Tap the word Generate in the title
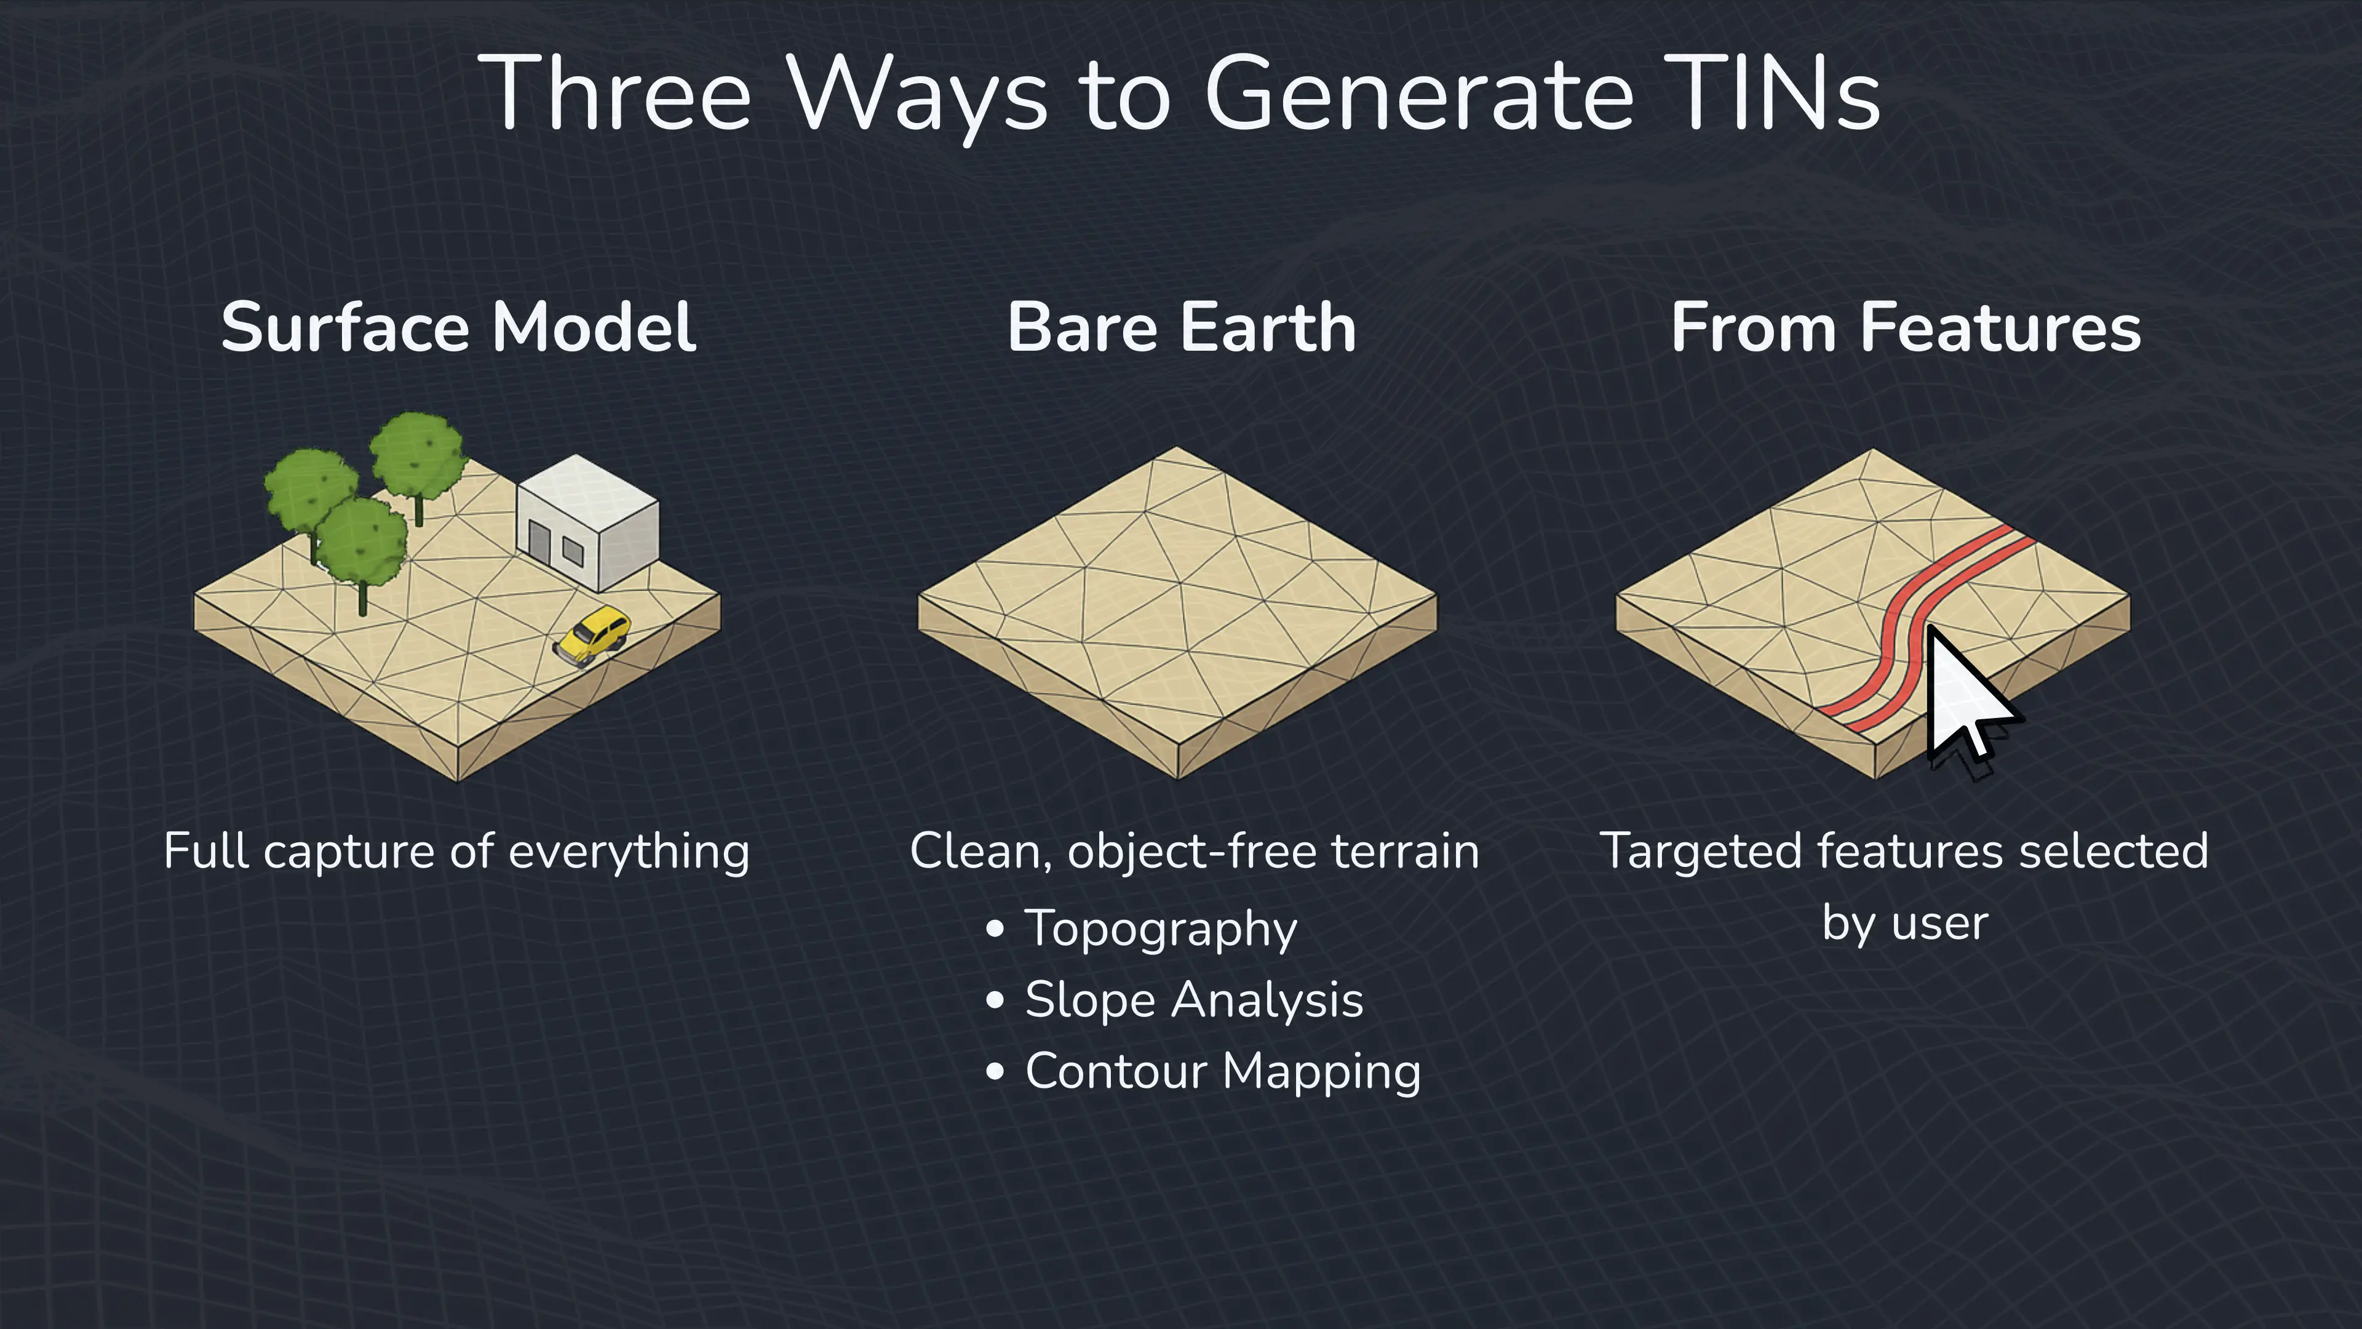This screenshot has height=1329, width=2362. (x=1418, y=94)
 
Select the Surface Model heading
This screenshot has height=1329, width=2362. (x=458, y=327)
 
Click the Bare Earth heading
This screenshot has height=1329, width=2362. (x=1181, y=327)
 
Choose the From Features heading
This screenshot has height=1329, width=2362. (x=1906, y=327)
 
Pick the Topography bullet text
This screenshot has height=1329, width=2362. (x=1161, y=928)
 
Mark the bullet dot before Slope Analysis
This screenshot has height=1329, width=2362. (x=995, y=1000)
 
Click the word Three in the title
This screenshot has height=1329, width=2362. (x=614, y=94)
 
